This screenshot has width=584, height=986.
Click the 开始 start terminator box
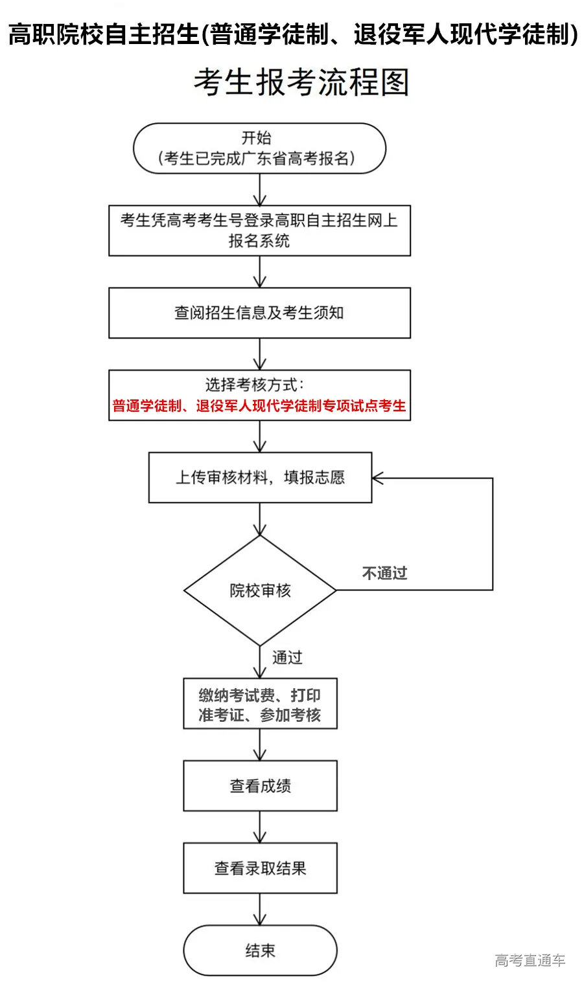[x=259, y=148]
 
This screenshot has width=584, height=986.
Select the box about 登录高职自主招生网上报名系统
[x=259, y=230]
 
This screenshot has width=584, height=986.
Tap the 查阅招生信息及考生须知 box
[x=259, y=313]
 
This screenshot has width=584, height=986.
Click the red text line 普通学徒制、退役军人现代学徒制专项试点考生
[x=259, y=406]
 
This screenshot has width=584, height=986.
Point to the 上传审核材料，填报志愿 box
[x=260, y=478]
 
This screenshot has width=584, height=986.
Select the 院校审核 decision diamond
[x=260, y=590]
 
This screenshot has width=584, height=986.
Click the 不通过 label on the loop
[x=384, y=573]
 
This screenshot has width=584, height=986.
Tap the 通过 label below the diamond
[x=287, y=658]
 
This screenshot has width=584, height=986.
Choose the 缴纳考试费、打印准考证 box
[x=260, y=704]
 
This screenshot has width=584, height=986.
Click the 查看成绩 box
[x=260, y=786]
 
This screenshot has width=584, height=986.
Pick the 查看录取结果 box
[x=260, y=868]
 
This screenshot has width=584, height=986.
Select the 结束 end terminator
[x=260, y=950]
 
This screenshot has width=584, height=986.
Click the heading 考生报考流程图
[x=301, y=83]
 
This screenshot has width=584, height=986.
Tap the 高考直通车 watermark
[x=530, y=961]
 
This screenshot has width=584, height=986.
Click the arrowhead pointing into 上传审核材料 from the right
[x=378, y=478]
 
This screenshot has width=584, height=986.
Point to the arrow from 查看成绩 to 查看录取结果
[x=260, y=827]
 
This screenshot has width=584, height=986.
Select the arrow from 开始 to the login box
[x=260, y=190]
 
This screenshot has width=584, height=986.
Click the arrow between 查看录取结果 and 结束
[x=260, y=910]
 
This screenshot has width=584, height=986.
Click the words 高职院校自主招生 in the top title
[x=104, y=34]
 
